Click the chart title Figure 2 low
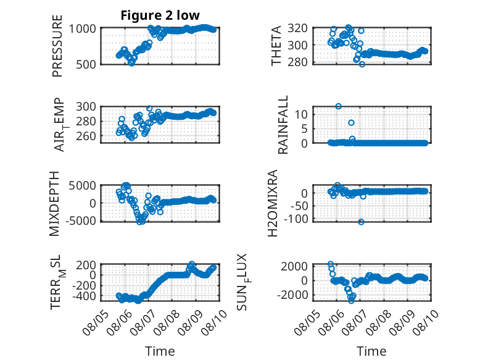[x=160, y=15]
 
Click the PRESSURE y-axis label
[x=57, y=46]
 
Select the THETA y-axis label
[x=276, y=46]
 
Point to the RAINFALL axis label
[x=283, y=124]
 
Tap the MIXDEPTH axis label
[x=54, y=203]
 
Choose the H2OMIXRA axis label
[x=273, y=203]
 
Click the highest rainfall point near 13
[x=338, y=106]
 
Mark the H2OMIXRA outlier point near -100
[x=361, y=222]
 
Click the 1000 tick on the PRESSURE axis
[x=82, y=29]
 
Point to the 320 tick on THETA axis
[x=297, y=28]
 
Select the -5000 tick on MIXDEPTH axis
[x=81, y=220]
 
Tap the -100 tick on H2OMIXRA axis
[x=296, y=219]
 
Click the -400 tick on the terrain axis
[x=84, y=296]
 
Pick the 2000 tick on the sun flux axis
[x=294, y=266]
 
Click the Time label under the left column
[x=160, y=351]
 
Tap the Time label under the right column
[x=371, y=351]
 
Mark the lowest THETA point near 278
[x=362, y=64]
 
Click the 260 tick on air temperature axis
[x=86, y=136]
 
